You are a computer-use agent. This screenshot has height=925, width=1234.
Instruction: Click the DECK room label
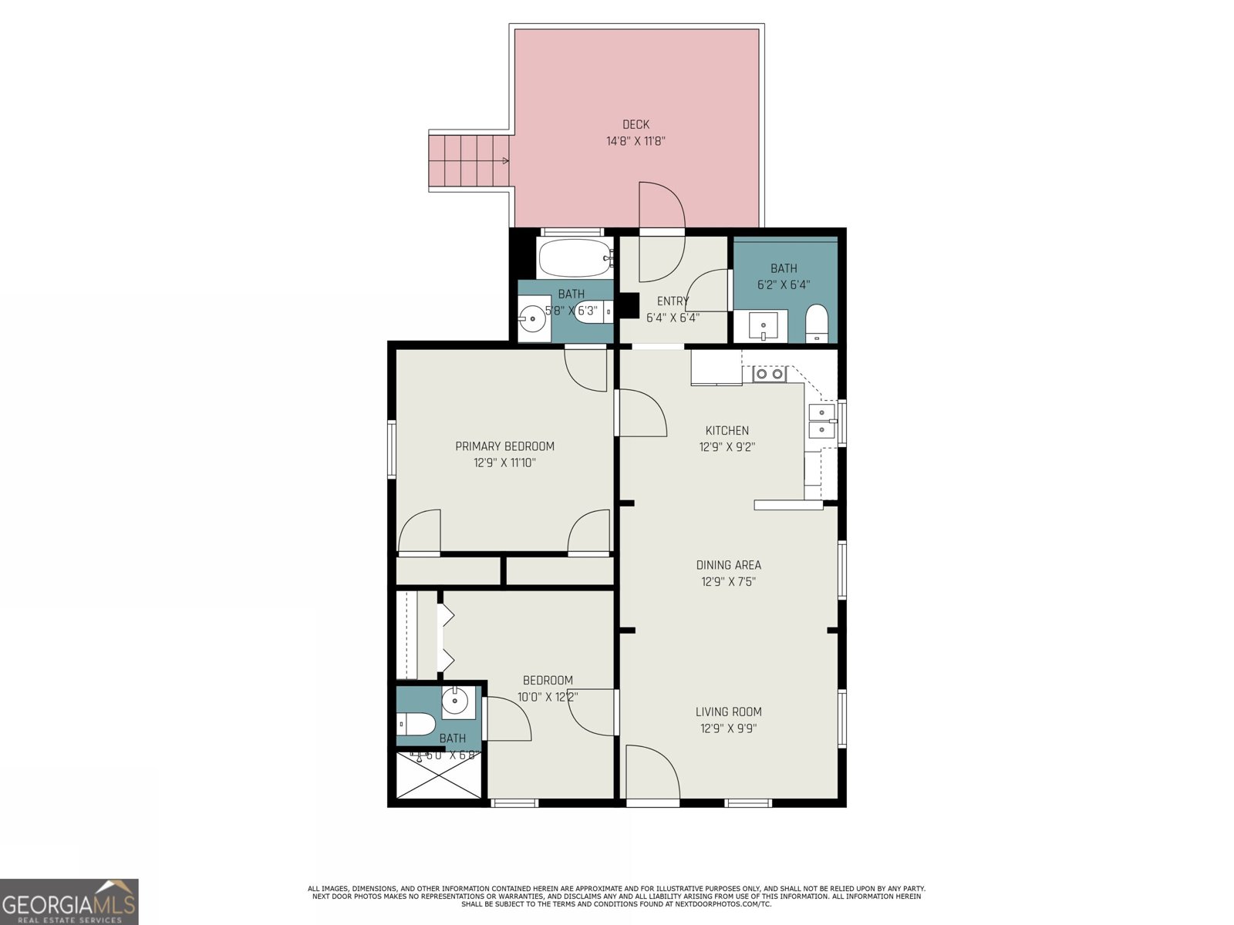click(x=636, y=124)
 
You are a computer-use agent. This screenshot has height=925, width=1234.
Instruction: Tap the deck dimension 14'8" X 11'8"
click(x=636, y=141)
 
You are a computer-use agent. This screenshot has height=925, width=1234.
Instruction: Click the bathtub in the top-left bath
click(x=575, y=258)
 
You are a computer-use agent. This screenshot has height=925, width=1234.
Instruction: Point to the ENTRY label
click(x=673, y=301)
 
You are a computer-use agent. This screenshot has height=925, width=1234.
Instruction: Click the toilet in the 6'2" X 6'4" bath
click(x=816, y=324)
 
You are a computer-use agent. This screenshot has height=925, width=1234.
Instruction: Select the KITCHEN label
click(x=727, y=430)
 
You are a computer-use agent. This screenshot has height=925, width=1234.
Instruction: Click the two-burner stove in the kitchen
click(x=768, y=374)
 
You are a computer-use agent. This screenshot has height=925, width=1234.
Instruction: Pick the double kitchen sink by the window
click(x=821, y=420)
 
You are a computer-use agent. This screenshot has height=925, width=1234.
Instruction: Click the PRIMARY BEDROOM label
click(x=504, y=446)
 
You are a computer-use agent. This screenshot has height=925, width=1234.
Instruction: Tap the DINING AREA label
click(x=728, y=565)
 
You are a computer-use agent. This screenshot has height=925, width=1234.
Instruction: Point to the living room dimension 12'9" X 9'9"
click(x=728, y=728)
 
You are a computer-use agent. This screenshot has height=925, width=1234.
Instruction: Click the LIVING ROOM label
click(x=728, y=711)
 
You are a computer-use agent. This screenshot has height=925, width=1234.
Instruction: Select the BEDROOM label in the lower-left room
click(x=548, y=680)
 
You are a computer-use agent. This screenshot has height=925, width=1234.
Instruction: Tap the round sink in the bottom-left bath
click(x=456, y=701)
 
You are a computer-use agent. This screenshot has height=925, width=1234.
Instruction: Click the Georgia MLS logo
click(x=69, y=902)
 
